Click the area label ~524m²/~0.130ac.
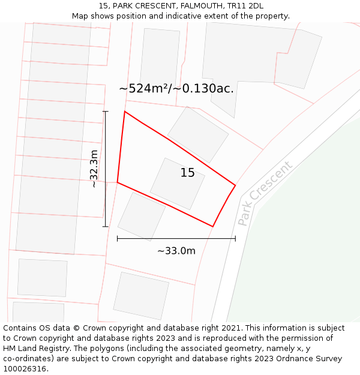[176, 89]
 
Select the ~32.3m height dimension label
[94, 169]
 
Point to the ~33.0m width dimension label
[176, 251]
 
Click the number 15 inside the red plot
[187, 173]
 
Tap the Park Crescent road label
[265, 193]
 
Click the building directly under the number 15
[178, 184]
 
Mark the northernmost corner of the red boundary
[125, 112]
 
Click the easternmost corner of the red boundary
[235, 185]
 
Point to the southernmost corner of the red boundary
[213, 226]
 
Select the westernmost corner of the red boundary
[118, 182]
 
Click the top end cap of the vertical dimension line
[106, 112]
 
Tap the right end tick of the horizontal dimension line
[235, 239]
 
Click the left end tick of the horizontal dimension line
[118, 239]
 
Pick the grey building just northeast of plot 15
[198, 134]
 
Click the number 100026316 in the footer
[25, 369]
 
